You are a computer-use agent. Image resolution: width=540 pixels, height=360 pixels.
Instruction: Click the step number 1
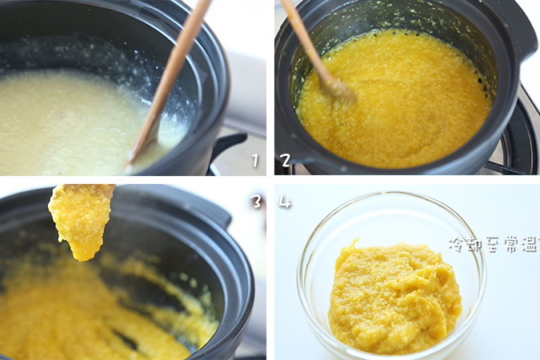click(255, 160)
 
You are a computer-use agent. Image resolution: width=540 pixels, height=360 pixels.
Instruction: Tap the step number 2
click(286, 160)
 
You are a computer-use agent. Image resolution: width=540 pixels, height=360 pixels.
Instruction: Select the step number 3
click(257, 202)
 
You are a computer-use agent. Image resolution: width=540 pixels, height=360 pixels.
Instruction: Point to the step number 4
click(285, 202)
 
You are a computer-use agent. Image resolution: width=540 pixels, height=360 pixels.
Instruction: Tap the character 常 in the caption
click(509, 244)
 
